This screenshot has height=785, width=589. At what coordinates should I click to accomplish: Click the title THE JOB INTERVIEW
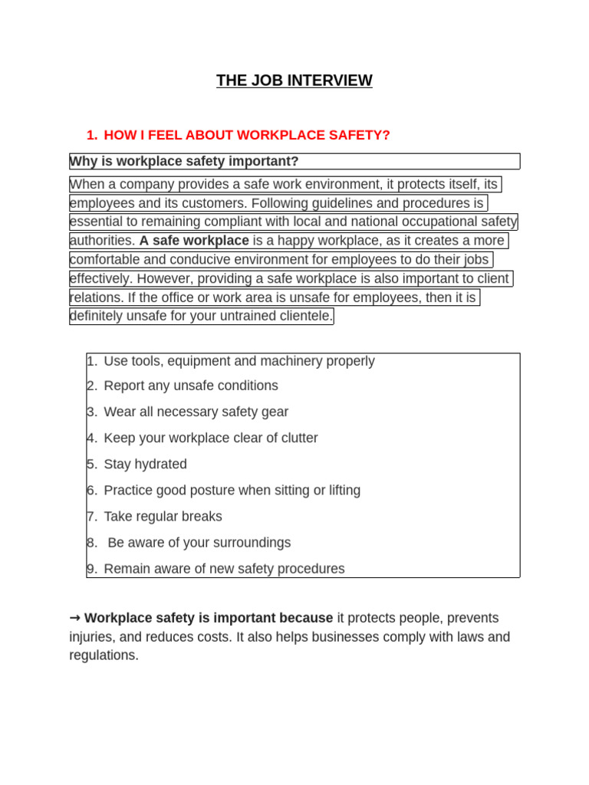click(x=294, y=80)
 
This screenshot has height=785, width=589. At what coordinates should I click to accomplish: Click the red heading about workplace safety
click(x=246, y=135)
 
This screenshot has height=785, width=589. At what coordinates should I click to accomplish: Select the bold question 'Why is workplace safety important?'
click(x=184, y=161)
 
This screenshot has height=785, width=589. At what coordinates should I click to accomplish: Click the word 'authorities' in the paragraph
click(x=101, y=241)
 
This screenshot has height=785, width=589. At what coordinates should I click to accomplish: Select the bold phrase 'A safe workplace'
click(x=194, y=241)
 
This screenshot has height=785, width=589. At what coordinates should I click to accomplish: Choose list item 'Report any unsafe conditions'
click(x=191, y=386)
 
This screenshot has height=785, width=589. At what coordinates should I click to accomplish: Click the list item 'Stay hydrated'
click(x=145, y=464)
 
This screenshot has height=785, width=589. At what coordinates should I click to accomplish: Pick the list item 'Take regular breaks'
click(x=163, y=516)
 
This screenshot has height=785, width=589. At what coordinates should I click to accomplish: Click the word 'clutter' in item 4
click(x=296, y=438)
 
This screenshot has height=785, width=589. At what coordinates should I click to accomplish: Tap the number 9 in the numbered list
click(x=90, y=569)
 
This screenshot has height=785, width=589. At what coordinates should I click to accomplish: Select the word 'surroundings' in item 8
click(x=252, y=543)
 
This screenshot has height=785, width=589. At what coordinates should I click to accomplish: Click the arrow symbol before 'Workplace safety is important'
click(x=75, y=618)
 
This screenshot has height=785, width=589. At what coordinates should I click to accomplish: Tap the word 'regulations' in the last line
click(x=103, y=655)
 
